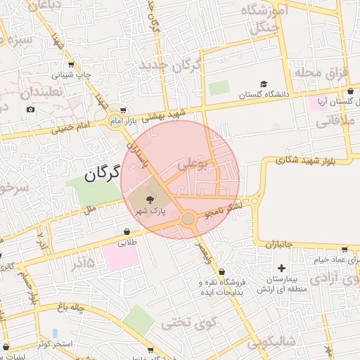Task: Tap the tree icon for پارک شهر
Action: pos(141,200)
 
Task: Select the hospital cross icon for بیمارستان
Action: pos(282,268)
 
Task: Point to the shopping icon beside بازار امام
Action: pos(124,110)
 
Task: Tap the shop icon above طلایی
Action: pos(127,231)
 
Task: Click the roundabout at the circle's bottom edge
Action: pos(188,219)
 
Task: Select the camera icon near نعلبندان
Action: pos(30,109)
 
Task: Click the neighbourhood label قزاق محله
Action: pos(318,73)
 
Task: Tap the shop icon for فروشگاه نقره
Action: pos(222,271)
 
